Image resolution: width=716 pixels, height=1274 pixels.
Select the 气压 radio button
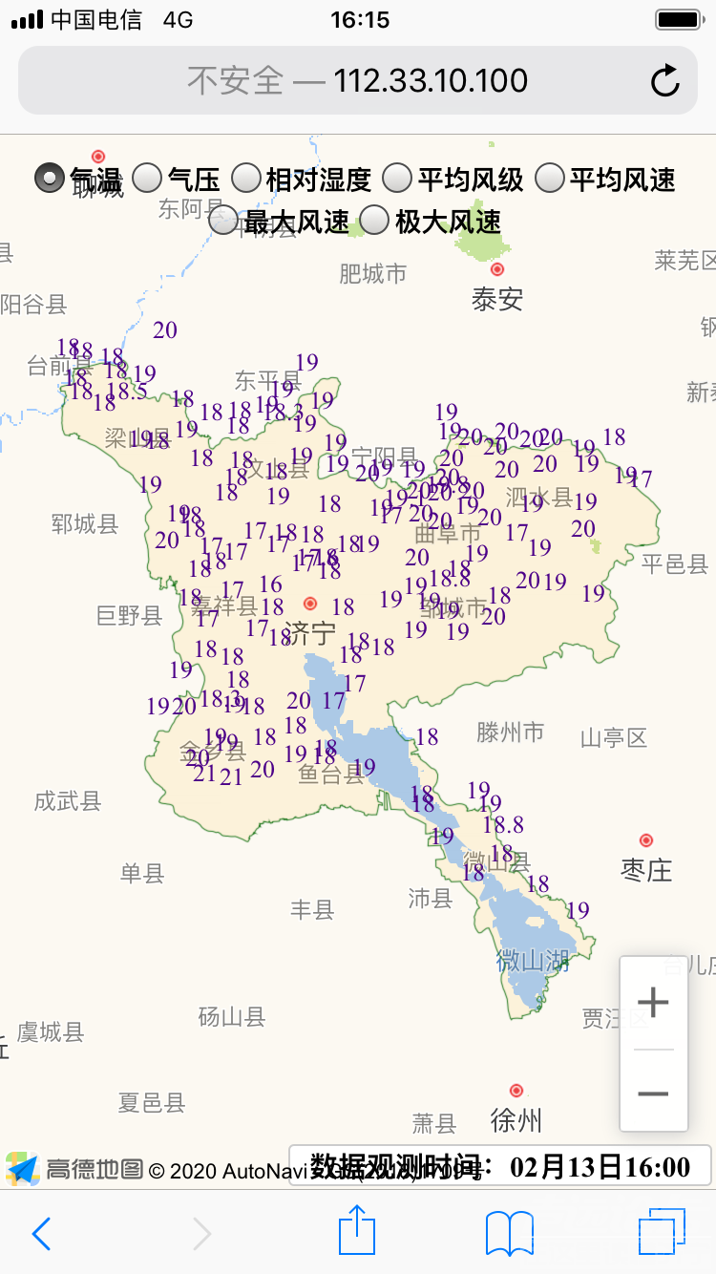(146, 178)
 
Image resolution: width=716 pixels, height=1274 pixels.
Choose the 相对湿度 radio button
(246, 178)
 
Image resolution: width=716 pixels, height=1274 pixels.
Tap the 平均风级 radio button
(397, 178)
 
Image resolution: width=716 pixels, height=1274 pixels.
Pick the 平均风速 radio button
(550, 178)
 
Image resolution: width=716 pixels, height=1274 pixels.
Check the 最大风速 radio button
(223, 221)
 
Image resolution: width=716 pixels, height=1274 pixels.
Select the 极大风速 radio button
(374, 221)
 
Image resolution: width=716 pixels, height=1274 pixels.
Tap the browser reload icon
(665, 81)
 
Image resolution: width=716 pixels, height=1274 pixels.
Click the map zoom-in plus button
(653, 1003)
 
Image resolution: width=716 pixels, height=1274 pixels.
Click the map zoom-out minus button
(653, 1093)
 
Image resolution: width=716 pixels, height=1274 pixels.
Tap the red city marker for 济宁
(310, 604)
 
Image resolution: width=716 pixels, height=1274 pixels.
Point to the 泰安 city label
(497, 299)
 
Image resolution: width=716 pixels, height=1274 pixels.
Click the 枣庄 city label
(646, 870)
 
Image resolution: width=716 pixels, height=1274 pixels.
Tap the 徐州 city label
(516, 1120)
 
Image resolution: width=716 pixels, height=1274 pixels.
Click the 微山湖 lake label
(533, 960)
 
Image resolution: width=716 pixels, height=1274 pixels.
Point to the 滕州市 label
(511, 733)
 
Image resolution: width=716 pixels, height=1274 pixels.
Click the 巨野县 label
(130, 616)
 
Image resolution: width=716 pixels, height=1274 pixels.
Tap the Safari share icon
(357, 1231)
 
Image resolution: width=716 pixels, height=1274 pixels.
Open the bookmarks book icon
(510, 1233)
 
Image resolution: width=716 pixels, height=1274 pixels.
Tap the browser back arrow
(41, 1233)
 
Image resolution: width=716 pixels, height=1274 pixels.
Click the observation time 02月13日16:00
(600, 1166)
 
